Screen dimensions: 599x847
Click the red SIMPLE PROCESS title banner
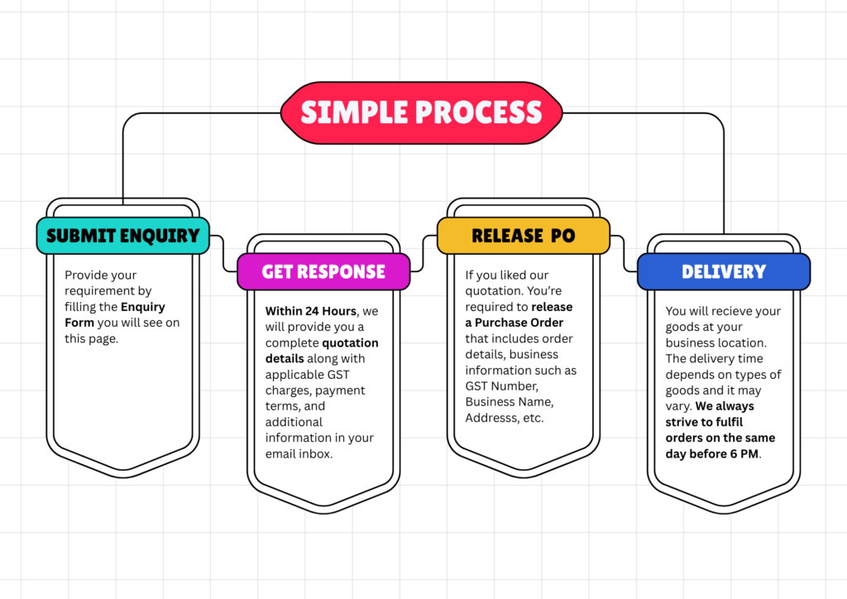click(421, 113)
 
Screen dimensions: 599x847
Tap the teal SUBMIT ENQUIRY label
click(122, 236)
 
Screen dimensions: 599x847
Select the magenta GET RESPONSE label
click(323, 272)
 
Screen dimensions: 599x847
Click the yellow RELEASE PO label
click(523, 236)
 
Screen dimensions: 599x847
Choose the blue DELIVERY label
click(723, 272)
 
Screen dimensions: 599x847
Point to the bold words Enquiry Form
click(115, 314)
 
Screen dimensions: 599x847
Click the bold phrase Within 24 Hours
click(311, 311)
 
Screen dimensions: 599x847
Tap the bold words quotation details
click(322, 351)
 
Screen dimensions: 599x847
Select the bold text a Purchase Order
click(514, 323)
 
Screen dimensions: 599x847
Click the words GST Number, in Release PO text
click(501, 386)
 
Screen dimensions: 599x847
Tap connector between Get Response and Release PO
click(423, 253)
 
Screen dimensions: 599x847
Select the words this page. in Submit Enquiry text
click(92, 338)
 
